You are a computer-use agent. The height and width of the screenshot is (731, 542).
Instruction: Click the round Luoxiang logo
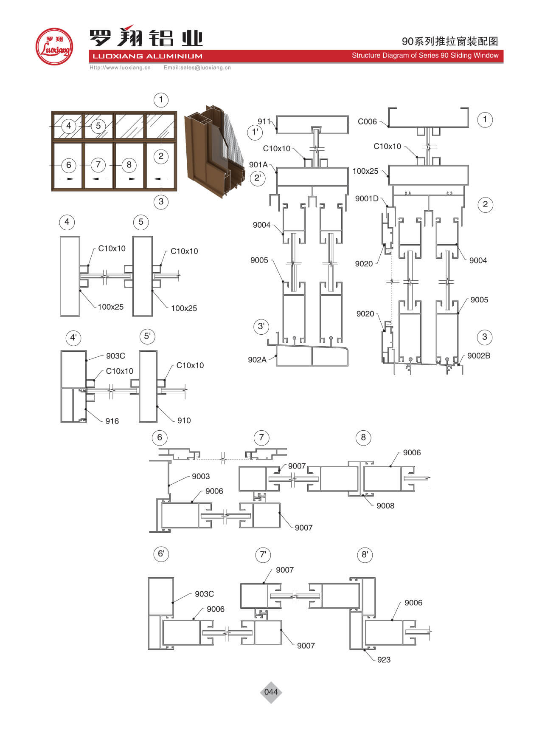click(x=54, y=47)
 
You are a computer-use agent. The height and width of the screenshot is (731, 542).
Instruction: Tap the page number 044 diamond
click(x=271, y=692)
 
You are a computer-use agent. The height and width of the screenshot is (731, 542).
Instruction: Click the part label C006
click(x=367, y=121)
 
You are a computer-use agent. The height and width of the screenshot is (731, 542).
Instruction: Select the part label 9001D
click(x=367, y=198)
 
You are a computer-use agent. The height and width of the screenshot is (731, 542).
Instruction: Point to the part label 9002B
click(x=478, y=356)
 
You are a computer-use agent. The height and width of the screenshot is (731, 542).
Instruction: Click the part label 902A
click(x=257, y=359)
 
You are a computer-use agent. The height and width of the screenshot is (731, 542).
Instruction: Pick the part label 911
click(x=264, y=121)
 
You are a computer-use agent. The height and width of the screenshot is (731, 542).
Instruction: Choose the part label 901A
click(x=258, y=164)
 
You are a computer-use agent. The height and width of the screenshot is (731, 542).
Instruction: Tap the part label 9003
click(x=201, y=476)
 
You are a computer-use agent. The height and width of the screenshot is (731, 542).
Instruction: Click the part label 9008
click(x=385, y=505)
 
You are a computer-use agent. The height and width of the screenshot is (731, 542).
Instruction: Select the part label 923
click(x=384, y=660)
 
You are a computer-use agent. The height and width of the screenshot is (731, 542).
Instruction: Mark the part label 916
click(x=112, y=421)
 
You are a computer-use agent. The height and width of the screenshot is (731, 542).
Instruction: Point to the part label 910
click(x=184, y=420)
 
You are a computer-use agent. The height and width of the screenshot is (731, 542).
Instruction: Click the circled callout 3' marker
click(x=261, y=327)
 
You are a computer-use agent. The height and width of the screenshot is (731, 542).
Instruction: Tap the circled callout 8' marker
click(x=365, y=554)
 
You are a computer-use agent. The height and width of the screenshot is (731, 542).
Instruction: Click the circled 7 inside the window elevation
click(x=98, y=164)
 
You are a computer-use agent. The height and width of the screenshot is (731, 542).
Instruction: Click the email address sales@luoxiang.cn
click(x=197, y=68)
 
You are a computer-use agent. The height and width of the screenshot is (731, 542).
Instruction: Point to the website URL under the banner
click(x=120, y=68)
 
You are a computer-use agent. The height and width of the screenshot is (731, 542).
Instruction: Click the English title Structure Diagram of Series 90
click(x=425, y=55)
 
